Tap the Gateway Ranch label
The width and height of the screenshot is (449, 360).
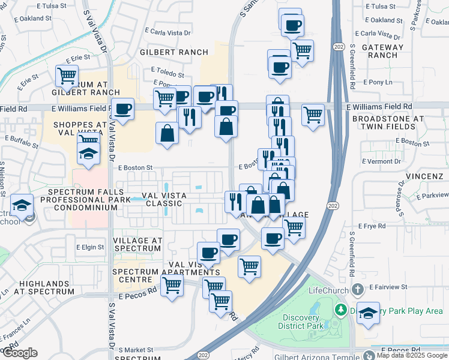(383, 51)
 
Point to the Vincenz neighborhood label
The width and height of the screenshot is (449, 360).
(424, 176)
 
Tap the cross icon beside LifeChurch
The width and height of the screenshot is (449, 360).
(357, 290)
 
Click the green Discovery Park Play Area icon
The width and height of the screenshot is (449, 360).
(341, 310)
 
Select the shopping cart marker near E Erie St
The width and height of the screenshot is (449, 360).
(67, 76)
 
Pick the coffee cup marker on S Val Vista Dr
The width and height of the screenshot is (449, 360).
(123, 109)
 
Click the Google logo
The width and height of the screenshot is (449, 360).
(19, 353)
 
